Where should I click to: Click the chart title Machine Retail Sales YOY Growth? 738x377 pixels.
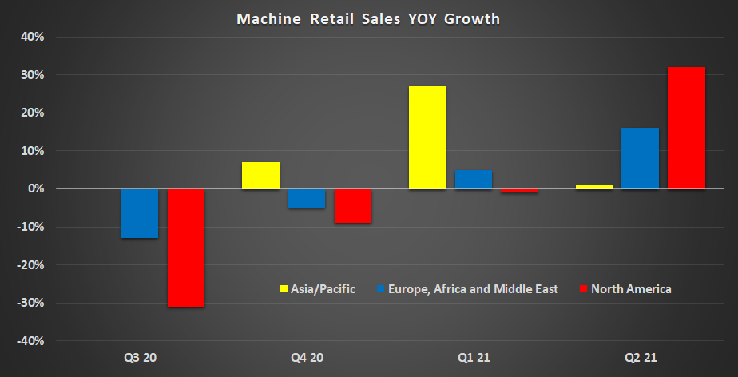368,18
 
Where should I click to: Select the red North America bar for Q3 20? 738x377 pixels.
185,248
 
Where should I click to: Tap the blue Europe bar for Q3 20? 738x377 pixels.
139,213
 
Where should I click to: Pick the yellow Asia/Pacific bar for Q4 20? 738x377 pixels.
260,176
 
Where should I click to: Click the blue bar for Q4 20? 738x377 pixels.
307,198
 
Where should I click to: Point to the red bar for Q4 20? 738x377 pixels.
352,206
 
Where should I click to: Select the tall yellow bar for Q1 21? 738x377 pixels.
427,137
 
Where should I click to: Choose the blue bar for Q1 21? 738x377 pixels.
473,180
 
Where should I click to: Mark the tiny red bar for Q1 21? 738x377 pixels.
519,191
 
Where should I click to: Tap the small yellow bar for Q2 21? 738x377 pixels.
593,187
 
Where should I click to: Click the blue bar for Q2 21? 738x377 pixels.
640,158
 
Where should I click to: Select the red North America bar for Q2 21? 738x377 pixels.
686,128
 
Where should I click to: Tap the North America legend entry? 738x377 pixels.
625,289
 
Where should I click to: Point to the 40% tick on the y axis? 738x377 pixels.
32,37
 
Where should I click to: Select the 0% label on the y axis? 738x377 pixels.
34,189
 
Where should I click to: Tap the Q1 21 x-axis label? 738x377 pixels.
473,357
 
